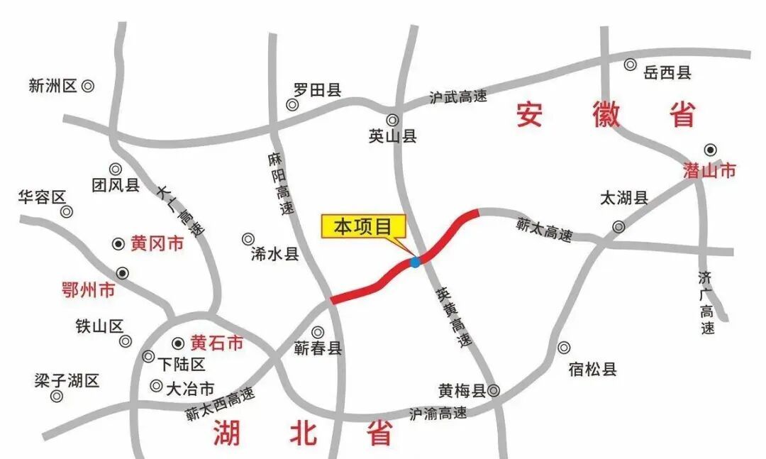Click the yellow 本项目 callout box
click(x=364, y=226)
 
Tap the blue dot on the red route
click(x=415, y=262)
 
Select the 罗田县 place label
click(x=318, y=89)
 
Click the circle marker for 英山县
click(x=392, y=120)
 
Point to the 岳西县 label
click(x=667, y=72)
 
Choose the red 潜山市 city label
click(x=709, y=170)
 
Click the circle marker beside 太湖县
click(x=619, y=227)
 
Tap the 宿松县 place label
click(x=592, y=369)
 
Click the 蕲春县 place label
click(x=318, y=348)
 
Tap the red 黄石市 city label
click(x=217, y=343)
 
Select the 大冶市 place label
click(x=189, y=389)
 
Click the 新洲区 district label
click(x=52, y=86)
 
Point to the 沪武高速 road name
click(x=458, y=97)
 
